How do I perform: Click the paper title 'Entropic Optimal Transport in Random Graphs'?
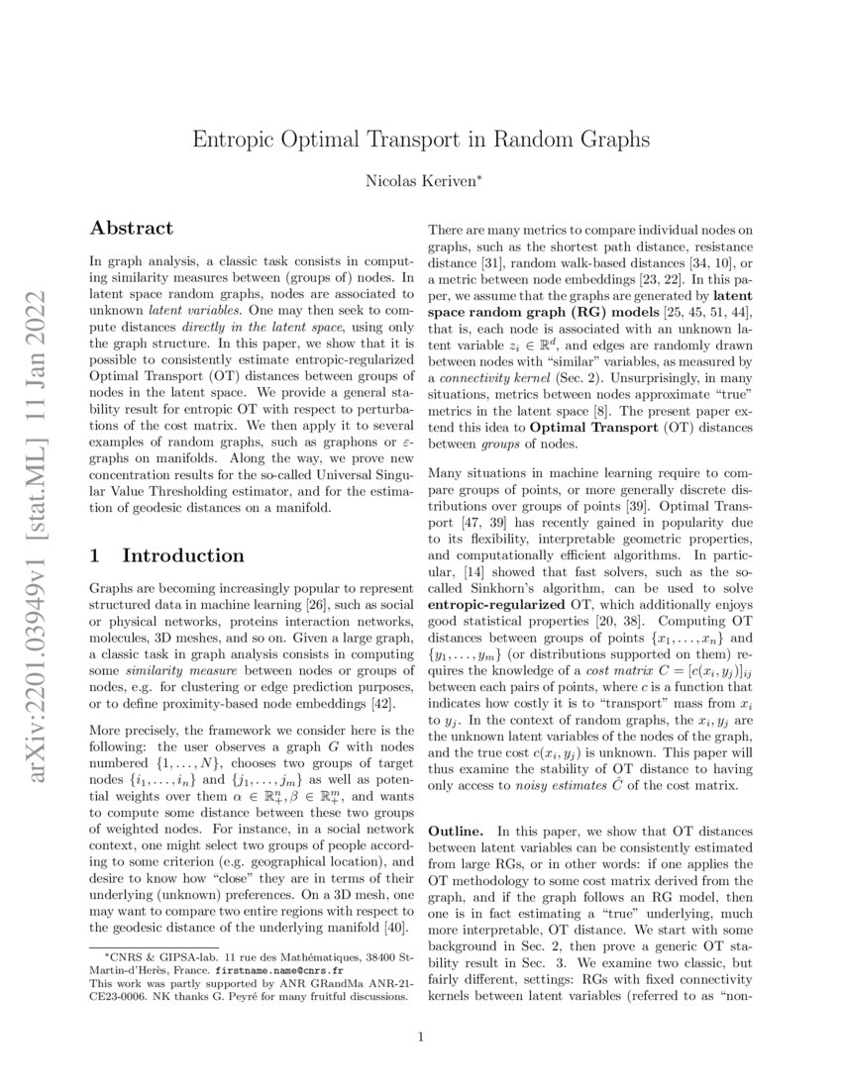coord(421,139)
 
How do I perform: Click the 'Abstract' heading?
coord(131,228)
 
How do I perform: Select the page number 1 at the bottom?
coord(421,1038)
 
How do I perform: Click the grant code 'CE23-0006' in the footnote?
coord(115,998)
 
